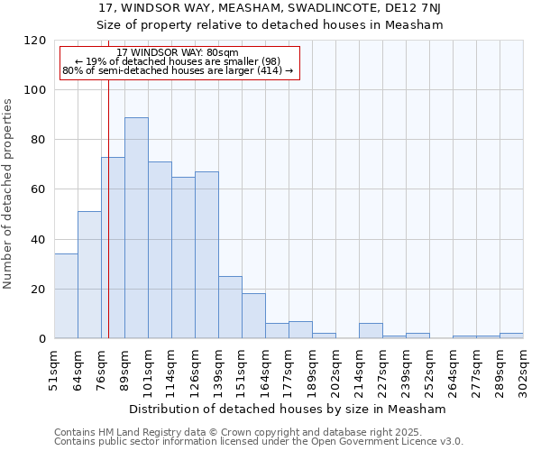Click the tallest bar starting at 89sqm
tap(136, 227)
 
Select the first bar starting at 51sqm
tap(66, 296)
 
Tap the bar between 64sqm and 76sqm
tap(89, 275)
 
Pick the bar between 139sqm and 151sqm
tap(230, 308)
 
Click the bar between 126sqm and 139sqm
tap(206, 255)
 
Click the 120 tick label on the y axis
tap(36, 41)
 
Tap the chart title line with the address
tap(270, 9)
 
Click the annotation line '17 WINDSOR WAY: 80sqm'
tap(178, 53)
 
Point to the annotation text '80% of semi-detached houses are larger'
tap(178, 70)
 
